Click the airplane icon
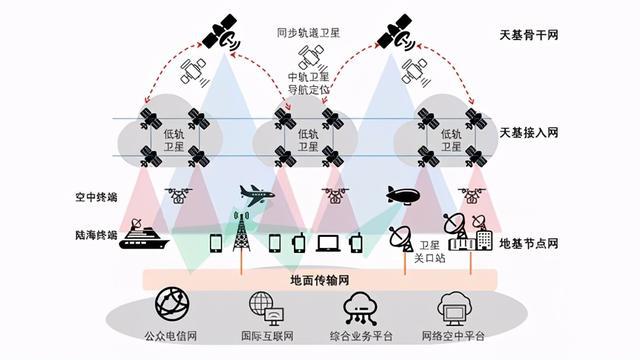pyautogui.click(x=256, y=194)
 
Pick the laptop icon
pyautogui.click(x=328, y=242)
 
